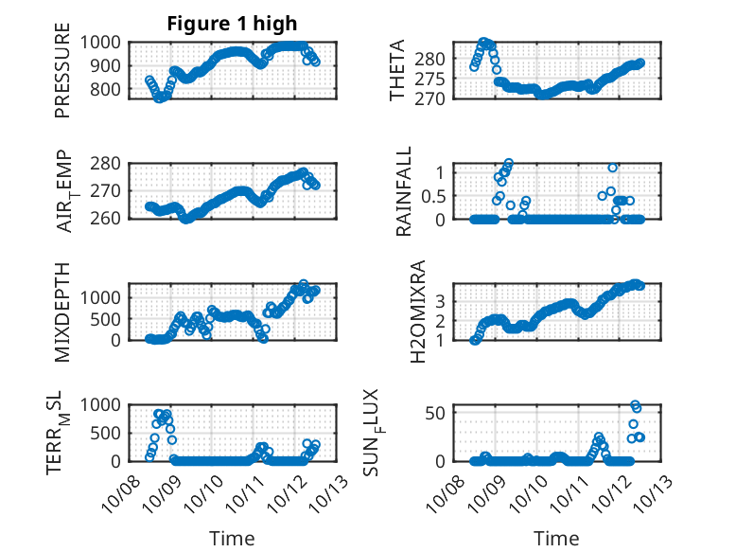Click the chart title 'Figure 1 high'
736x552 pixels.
(x=232, y=23)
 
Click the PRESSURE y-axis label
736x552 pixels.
(x=62, y=77)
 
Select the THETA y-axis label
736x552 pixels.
(x=397, y=70)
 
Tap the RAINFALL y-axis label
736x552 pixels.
(x=404, y=191)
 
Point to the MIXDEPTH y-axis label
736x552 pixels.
(x=62, y=312)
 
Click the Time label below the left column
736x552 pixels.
(x=232, y=539)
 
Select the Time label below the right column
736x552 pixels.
(x=556, y=539)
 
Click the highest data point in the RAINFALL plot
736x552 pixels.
(x=509, y=164)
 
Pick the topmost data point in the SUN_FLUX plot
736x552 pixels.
(x=635, y=404)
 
